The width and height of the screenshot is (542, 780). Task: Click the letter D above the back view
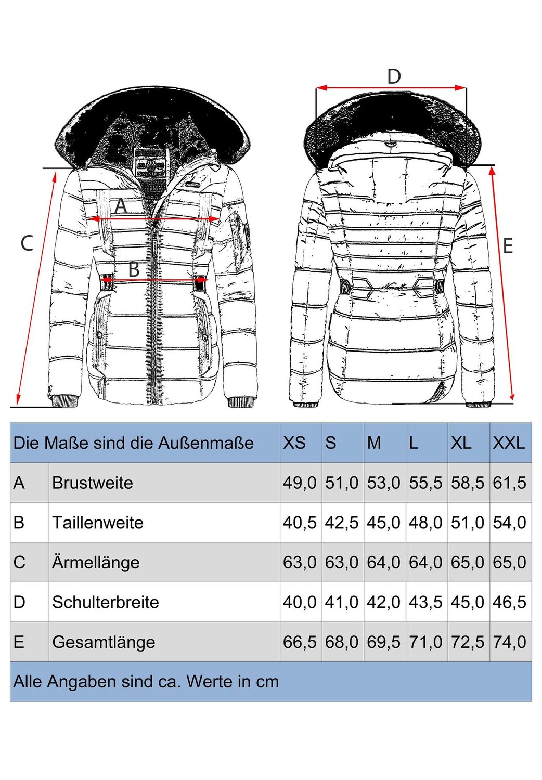[394, 76]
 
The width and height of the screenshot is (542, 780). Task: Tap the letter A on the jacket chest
[121, 206]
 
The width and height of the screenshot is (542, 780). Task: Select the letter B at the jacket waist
[134, 269]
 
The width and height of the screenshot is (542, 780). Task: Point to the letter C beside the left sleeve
[27, 243]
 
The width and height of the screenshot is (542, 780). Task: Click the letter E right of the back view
[508, 245]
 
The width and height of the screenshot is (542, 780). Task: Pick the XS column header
[294, 443]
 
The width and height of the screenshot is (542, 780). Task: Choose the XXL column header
[509, 443]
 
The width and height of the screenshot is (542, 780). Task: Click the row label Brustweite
[93, 483]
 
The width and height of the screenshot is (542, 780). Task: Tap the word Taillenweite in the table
[98, 523]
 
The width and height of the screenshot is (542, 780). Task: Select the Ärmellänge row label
[96, 562]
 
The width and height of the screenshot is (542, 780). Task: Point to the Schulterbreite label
[106, 602]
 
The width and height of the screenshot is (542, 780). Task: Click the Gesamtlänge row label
[104, 642]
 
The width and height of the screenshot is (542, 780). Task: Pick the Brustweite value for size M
[384, 483]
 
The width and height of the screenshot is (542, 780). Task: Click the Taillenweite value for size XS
[300, 523]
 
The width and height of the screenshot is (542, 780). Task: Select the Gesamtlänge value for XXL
[510, 642]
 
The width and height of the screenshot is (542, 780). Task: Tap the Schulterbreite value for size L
[425, 602]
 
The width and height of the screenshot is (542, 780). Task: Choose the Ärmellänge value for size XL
[468, 562]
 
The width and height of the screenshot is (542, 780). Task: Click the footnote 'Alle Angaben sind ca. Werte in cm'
[146, 682]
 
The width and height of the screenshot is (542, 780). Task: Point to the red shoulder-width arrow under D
[391, 88]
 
